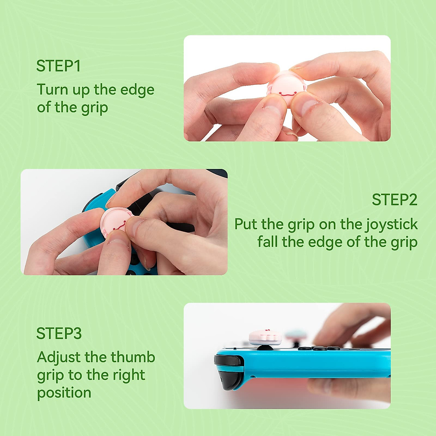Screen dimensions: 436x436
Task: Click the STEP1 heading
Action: [58, 66]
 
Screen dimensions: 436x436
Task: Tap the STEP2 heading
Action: [394, 200]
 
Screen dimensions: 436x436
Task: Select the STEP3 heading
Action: [59, 334]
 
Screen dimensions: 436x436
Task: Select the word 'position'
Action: [64, 393]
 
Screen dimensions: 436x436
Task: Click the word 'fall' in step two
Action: [267, 242]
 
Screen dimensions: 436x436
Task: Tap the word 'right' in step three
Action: [129, 375]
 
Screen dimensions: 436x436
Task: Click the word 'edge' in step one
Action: [137, 89]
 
